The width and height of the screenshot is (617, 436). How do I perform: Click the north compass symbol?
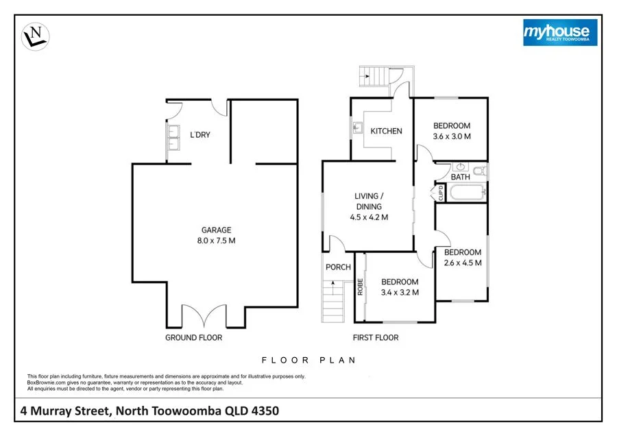(x=36, y=37)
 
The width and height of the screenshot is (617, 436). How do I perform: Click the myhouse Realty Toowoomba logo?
(x=560, y=32)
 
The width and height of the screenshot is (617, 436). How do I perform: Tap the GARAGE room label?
(x=216, y=230)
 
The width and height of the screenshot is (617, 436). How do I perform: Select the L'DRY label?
(x=199, y=135)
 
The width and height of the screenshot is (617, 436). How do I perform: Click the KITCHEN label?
(x=386, y=131)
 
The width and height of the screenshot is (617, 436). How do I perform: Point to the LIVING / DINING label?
(x=369, y=201)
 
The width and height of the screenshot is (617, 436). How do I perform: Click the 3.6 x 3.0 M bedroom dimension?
(x=451, y=136)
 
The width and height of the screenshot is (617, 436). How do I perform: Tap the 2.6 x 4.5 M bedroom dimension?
(x=463, y=263)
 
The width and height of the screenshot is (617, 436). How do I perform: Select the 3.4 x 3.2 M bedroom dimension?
(x=400, y=293)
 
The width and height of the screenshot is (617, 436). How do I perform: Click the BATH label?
(x=460, y=177)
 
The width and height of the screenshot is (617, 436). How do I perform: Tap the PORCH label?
(x=339, y=267)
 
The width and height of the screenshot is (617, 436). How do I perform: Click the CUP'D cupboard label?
(x=441, y=194)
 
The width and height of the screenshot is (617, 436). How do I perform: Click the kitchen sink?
(x=357, y=128)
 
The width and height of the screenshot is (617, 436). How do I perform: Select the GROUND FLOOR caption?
(x=193, y=337)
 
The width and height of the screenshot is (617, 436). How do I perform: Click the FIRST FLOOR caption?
(x=375, y=337)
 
